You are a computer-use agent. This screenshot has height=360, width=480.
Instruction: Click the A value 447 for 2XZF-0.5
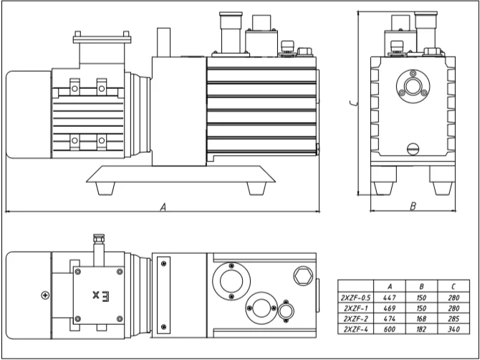point(390,298)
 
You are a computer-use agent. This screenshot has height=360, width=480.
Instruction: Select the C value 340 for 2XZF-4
point(453,329)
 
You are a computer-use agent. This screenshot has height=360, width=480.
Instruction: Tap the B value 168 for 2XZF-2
point(421,319)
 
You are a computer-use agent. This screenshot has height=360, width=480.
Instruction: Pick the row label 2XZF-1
point(355,308)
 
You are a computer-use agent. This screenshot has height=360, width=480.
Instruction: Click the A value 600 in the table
point(390,329)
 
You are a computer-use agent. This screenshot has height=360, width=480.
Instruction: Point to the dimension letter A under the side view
point(163,207)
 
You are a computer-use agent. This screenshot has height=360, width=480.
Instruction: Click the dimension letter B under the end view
point(413,207)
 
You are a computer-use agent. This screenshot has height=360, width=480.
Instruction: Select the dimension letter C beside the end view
point(353,103)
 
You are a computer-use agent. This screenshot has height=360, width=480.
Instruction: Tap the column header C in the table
point(453,287)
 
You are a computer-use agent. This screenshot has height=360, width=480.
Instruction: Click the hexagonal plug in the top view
point(303,276)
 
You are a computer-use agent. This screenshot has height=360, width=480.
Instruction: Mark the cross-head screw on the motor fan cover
point(45,295)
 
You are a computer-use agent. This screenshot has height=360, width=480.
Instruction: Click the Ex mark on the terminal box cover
point(100,295)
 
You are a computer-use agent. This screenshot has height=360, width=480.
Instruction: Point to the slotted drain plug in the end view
point(413,149)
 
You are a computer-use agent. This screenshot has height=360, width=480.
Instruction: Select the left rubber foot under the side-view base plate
point(105,189)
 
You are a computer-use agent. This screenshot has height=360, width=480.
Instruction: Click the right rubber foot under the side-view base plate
point(256,189)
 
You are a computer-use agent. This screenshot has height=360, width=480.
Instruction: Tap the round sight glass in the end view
point(413,86)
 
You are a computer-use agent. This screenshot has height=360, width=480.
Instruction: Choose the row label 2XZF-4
point(355,329)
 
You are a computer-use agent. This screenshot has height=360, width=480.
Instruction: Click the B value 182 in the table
point(421,329)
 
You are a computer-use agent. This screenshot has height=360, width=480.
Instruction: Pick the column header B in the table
point(421,287)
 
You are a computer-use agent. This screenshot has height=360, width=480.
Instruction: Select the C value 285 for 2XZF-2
point(453,319)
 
